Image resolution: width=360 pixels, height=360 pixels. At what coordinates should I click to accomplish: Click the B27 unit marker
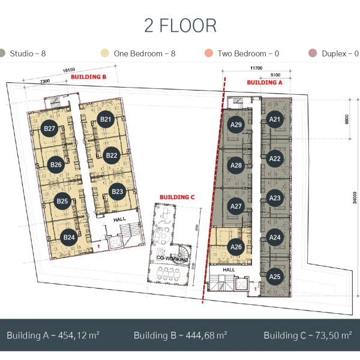[49, 128]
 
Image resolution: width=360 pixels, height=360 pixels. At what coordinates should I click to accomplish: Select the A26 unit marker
[236, 247]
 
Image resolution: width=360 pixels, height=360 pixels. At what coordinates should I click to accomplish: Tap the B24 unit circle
[69, 237]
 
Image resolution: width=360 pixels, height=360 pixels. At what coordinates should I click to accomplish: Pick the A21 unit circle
[275, 119]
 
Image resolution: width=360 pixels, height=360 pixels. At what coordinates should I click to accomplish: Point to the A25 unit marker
[275, 277]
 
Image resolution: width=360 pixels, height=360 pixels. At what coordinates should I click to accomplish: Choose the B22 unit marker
[112, 155]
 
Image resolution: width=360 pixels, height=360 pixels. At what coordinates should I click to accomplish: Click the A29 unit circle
[236, 125]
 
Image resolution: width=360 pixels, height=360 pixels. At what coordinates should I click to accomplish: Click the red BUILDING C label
[177, 197]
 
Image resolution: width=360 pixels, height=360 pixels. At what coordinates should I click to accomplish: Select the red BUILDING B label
[89, 77]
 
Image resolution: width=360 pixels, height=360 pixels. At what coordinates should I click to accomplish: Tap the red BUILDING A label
[265, 82]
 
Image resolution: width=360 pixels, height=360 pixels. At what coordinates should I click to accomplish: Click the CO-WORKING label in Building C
[172, 259]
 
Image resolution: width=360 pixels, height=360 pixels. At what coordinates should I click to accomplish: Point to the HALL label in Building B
[119, 220]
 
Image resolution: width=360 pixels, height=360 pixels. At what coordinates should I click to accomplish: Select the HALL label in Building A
[229, 270]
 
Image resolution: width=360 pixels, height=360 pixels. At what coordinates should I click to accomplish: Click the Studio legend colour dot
[1, 53]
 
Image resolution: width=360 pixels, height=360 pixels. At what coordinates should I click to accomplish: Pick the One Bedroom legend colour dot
[104, 53]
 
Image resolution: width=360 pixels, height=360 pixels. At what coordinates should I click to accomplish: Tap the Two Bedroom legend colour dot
[209, 53]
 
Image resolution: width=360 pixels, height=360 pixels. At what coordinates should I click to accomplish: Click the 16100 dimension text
[69, 70]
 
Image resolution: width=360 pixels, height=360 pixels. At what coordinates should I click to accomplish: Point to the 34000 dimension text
[355, 197]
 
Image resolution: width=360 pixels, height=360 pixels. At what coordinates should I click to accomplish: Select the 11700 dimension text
[256, 68]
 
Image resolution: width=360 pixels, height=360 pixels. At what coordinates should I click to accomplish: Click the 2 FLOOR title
[180, 25]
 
